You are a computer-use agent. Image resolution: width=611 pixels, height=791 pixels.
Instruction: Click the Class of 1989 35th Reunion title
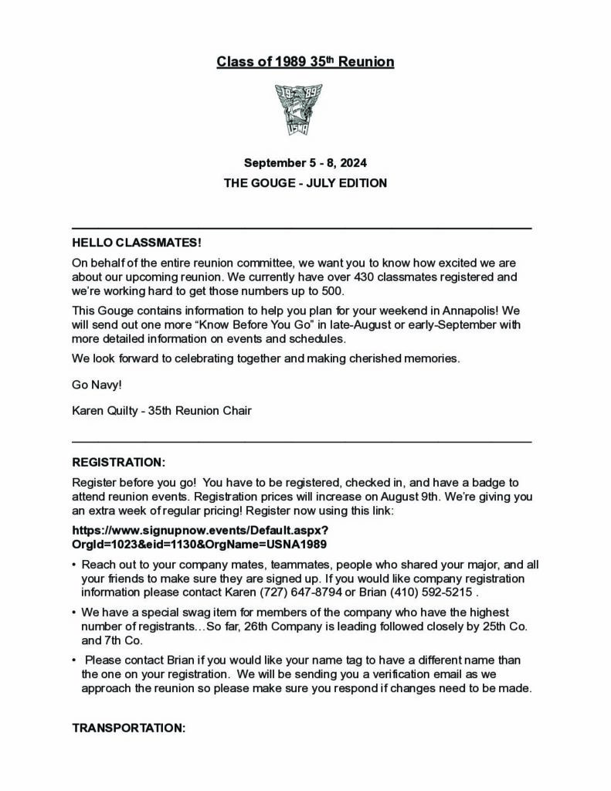(x=305, y=62)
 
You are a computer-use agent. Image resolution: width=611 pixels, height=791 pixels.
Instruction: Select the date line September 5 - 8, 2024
(x=305, y=163)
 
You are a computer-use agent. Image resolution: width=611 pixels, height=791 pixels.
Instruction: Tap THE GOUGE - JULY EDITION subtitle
(x=305, y=184)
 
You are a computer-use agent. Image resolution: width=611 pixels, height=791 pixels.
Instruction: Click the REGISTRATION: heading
(x=118, y=463)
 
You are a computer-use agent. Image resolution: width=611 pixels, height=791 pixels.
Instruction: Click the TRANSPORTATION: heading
(x=128, y=728)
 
